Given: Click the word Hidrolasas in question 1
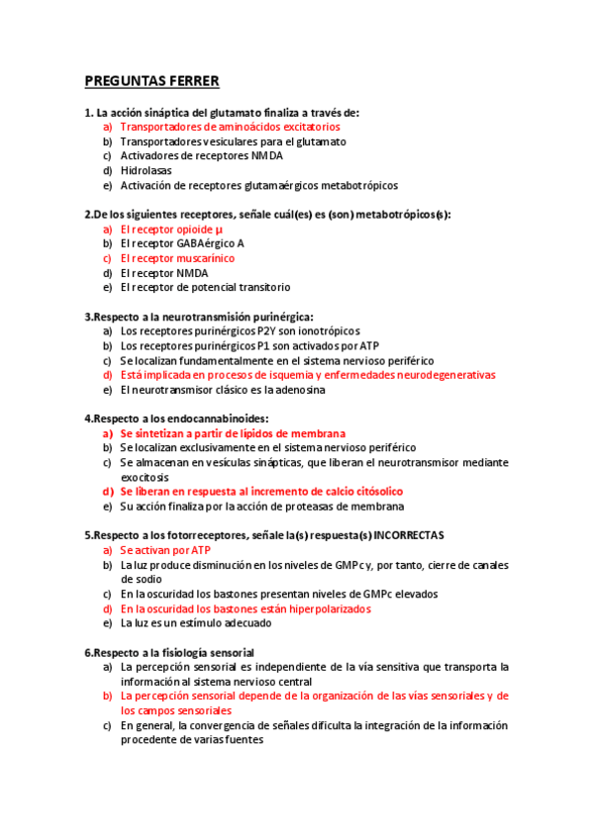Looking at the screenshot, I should tap(146, 170).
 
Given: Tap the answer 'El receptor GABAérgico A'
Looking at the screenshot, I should tap(182, 243).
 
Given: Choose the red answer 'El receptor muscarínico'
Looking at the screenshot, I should tap(177, 258).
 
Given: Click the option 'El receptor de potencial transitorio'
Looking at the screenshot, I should tap(205, 287).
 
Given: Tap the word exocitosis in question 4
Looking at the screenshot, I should tap(148, 477).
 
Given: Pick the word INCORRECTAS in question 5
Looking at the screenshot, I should tap(406, 535).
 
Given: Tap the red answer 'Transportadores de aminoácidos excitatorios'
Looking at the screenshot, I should tap(230, 127).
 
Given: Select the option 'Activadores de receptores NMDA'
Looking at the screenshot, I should tap(201, 155).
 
